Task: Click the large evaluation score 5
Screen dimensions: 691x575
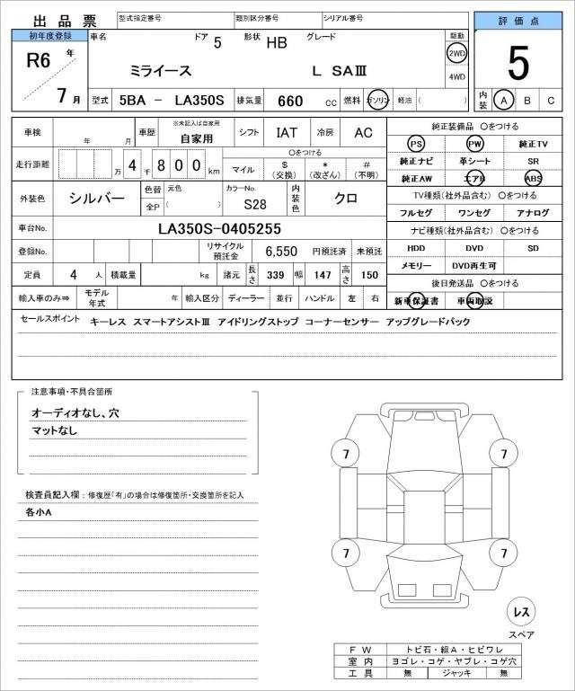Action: pyautogui.click(x=517, y=63)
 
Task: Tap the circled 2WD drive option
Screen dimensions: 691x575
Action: pyautogui.click(x=456, y=54)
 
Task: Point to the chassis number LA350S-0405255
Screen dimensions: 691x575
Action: pyautogui.click(x=219, y=228)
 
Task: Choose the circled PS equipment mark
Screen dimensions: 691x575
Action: pyautogui.click(x=415, y=144)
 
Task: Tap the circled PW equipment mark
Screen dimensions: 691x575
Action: pyautogui.click(x=474, y=144)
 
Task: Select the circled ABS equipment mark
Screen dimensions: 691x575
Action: pyautogui.click(x=534, y=178)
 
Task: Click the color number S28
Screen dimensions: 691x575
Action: pyautogui.click(x=255, y=203)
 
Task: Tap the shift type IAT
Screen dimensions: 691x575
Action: pyautogui.click(x=287, y=133)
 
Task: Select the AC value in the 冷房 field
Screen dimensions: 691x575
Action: pyautogui.click(x=363, y=133)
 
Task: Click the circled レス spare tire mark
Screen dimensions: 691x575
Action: pyautogui.click(x=520, y=612)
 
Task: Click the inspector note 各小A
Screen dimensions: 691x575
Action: pyautogui.click(x=39, y=512)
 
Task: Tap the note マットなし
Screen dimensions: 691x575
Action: pyautogui.click(x=55, y=430)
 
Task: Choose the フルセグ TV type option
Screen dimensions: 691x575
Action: pyautogui.click(x=415, y=212)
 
